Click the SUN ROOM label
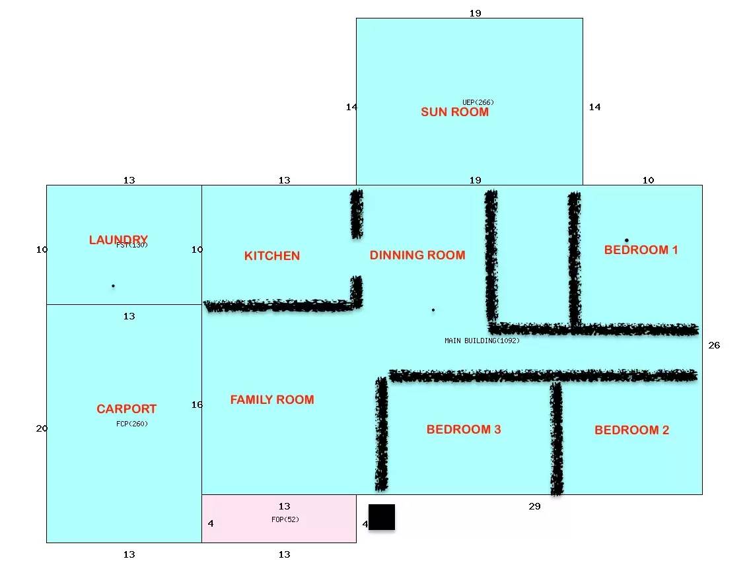coord(454,112)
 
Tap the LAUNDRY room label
coord(118,239)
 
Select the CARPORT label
coord(127,409)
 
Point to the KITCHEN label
coord(272,256)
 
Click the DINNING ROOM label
coord(417,255)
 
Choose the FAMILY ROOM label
coord(272,399)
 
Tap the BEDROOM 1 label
coord(641,249)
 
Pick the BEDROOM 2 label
coord(631,430)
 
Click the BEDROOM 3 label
coord(464,429)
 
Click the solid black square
coord(382,517)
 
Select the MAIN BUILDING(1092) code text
coord(482,341)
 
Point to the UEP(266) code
coord(478,102)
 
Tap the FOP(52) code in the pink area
coord(285,519)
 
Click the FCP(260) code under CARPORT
coord(132,424)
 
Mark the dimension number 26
coord(714,345)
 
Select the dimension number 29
coord(534,506)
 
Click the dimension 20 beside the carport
coord(42,428)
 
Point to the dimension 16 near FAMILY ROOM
coord(197,405)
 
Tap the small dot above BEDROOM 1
coord(627,240)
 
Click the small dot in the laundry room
coord(113,286)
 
